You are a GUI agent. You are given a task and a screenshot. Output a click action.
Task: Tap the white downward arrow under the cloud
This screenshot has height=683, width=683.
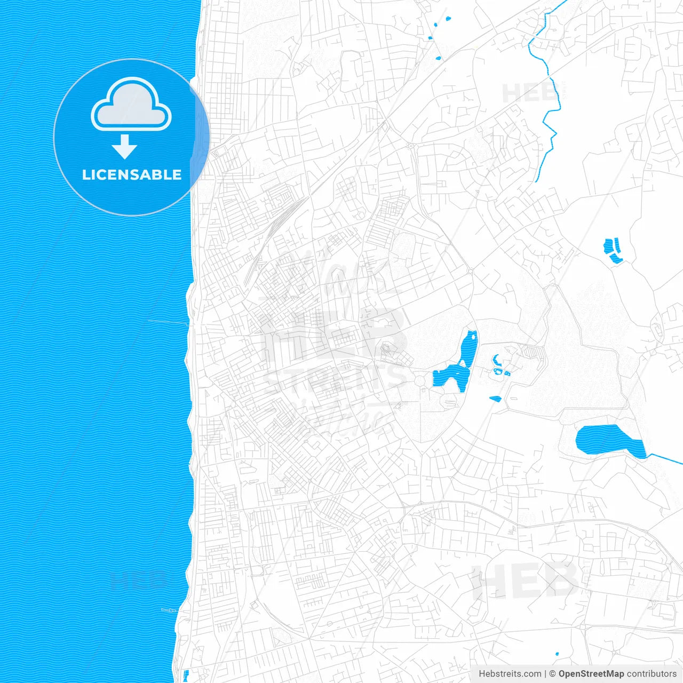125,147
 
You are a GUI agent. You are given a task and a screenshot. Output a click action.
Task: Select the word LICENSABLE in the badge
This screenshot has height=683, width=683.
132,174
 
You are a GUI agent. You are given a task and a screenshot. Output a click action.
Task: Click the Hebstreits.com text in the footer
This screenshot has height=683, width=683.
510,674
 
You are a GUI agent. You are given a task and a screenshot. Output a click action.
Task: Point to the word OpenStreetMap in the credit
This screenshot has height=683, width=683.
591,674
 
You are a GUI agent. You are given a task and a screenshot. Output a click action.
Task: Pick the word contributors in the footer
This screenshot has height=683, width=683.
651,674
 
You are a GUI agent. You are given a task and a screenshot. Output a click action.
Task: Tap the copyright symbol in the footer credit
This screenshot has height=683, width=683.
552,674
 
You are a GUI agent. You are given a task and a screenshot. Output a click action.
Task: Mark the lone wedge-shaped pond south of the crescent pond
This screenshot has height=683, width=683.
495,398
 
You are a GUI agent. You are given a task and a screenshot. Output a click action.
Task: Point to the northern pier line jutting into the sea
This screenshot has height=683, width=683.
168,322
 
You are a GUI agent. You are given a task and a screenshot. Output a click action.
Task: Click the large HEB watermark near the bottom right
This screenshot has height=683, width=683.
526,581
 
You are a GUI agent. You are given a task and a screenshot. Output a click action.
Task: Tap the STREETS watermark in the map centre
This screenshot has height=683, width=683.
336,376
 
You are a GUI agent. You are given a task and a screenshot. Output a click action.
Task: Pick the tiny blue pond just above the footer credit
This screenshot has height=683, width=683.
557,654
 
